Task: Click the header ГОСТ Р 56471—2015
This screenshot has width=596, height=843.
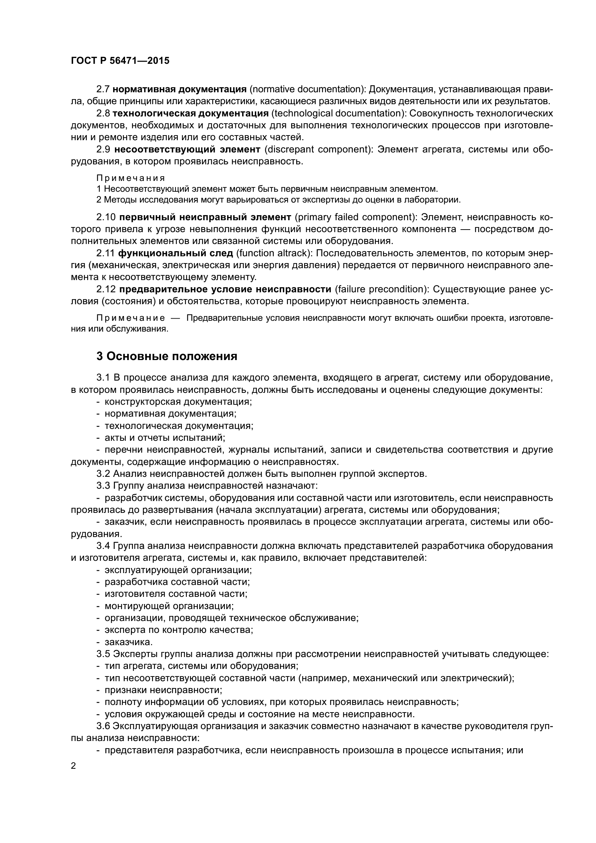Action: pos(120,61)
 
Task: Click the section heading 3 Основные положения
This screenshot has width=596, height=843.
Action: pos(166,356)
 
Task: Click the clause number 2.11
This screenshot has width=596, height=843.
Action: pos(106,253)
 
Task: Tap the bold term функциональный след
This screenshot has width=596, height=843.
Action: pos(176,253)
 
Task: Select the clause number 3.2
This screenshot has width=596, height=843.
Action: pos(103,474)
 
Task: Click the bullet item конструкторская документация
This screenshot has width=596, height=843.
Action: pos(178,401)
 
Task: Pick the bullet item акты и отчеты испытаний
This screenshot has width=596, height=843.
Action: pos(165,437)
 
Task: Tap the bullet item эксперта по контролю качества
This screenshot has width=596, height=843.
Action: pos(179,630)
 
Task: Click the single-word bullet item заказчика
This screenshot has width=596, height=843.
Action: pos(128,642)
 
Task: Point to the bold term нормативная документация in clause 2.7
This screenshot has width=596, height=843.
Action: pos(179,89)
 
